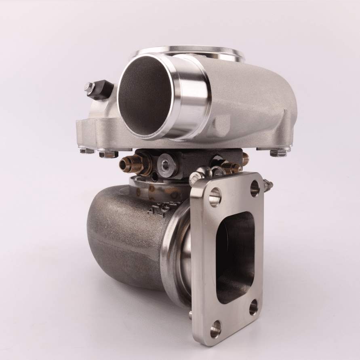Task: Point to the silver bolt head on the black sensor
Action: click(89, 86)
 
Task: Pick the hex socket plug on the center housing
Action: click(166, 163)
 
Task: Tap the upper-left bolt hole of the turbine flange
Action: click(215, 197)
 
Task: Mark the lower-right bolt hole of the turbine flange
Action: click(253, 308)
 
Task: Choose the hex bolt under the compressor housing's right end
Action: click(279, 152)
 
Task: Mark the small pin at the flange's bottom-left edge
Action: click(191, 315)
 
